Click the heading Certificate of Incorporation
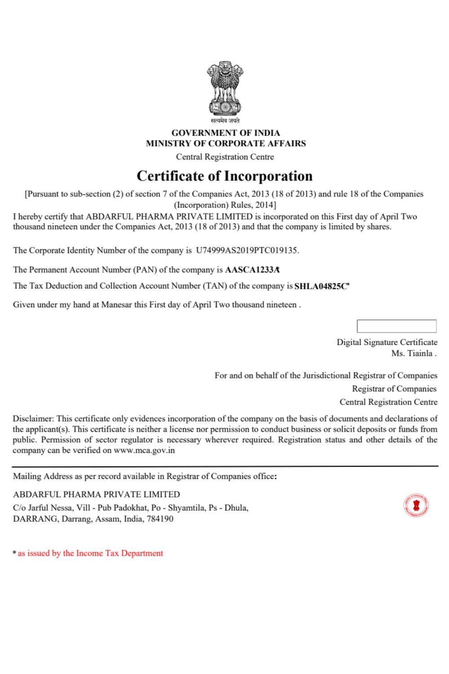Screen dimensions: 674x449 [x=224, y=176]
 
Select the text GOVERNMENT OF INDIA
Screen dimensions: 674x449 [x=225, y=133]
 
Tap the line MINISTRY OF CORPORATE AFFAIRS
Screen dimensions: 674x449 [x=225, y=143]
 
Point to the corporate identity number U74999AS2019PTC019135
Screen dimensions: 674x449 [x=247, y=250]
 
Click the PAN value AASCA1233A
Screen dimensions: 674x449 [x=252, y=270]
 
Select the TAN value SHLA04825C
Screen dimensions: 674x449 [x=321, y=286]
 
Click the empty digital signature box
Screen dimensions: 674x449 [x=396, y=326]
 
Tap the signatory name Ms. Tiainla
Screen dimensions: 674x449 [x=413, y=353]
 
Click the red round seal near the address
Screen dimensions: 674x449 [x=416, y=505]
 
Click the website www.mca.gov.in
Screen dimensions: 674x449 [x=144, y=450]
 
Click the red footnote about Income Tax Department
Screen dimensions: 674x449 [x=90, y=553]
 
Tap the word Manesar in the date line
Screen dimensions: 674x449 [x=117, y=305]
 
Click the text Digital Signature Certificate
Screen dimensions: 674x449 [x=387, y=342]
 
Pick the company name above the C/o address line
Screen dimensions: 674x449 [x=97, y=494]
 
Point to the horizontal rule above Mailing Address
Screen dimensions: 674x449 [x=225, y=466]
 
